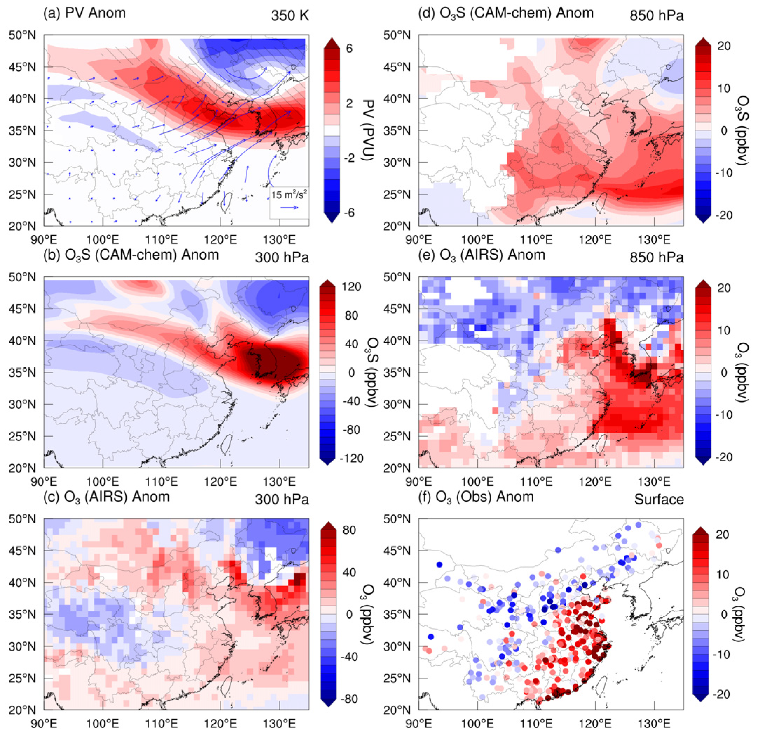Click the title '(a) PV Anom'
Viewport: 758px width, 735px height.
point(84,13)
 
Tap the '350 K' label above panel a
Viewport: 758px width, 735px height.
point(289,16)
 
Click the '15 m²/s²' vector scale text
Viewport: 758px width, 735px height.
point(289,195)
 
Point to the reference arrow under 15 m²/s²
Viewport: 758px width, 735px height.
point(289,208)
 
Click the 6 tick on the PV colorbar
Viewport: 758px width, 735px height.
point(349,49)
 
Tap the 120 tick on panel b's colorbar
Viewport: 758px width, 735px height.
point(351,287)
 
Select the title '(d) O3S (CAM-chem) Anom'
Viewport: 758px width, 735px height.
point(506,13)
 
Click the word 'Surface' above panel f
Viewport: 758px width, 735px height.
point(658,500)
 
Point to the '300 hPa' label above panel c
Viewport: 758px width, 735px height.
point(281,500)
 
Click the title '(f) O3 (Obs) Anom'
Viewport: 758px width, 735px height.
point(476,497)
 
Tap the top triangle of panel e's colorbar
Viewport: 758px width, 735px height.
point(703,283)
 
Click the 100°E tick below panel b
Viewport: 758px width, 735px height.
point(102,482)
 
